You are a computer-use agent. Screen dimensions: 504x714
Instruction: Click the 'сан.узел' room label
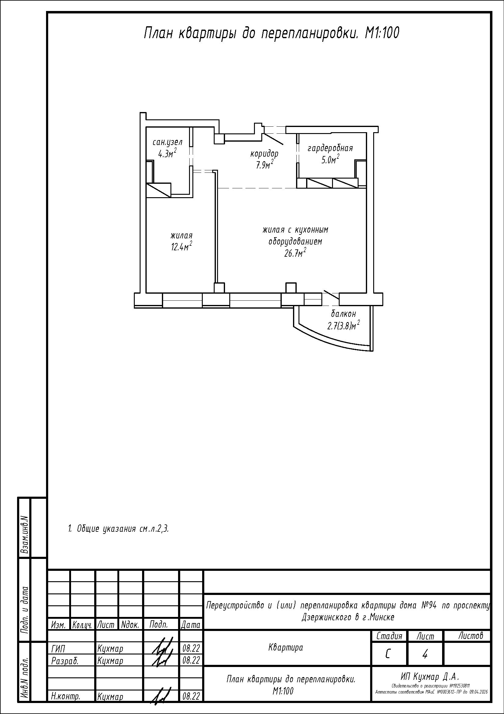[167, 143]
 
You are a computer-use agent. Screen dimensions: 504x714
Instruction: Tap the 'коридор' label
[264, 154]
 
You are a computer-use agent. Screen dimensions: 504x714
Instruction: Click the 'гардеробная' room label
[330, 149]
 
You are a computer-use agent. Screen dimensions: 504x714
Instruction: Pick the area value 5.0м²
[330, 160]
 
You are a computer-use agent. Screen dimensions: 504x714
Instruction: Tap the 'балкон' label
[343, 314]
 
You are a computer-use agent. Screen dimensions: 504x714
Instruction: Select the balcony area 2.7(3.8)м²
[343, 325]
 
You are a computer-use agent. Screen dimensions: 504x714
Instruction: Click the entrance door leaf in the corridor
[273, 139]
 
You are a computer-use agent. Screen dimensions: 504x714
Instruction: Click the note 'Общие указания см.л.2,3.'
[118, 529]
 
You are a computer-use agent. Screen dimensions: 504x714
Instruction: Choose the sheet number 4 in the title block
[425, 654]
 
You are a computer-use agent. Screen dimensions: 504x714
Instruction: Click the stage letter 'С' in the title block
[388, 654]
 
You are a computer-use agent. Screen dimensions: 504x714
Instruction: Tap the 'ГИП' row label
[58, 649]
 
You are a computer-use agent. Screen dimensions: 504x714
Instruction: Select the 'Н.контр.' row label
[66, 697]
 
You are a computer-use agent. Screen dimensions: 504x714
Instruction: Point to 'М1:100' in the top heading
[382, 33]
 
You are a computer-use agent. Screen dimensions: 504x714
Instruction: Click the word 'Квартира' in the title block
[286, 648]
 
